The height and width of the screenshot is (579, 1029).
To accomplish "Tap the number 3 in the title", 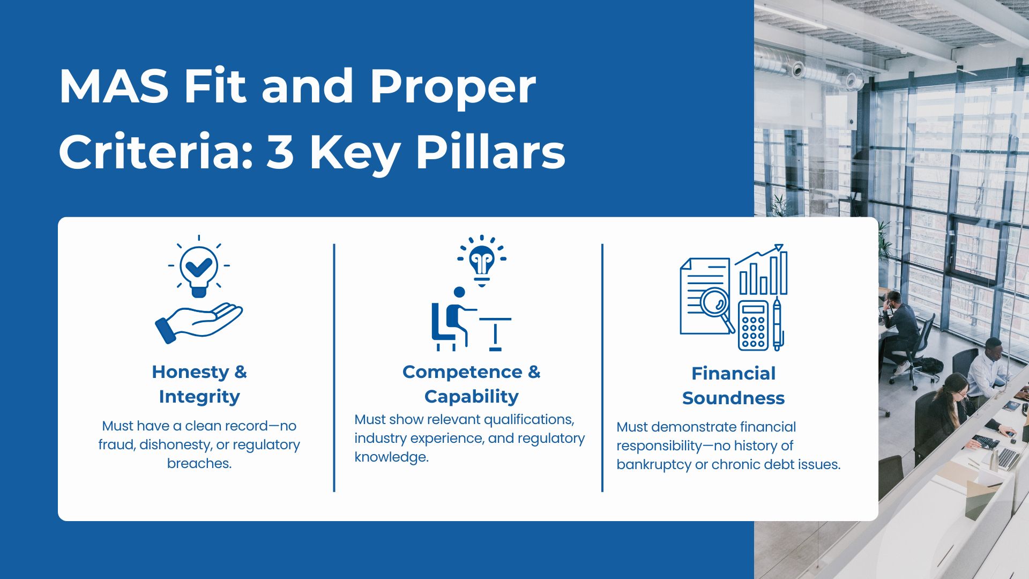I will [x=280, y=152].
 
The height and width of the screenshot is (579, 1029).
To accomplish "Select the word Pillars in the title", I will [x=490, y=152].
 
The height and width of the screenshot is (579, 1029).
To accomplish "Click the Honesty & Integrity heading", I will [x=199, y=384].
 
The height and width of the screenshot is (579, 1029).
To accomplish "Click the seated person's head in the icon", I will [x=459, y=292].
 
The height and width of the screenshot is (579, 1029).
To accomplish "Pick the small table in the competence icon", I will [x=495, y=332].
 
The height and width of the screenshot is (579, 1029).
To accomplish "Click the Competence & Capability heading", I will [x=471, y=384].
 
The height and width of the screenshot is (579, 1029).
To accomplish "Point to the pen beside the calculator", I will [x=778, y=324].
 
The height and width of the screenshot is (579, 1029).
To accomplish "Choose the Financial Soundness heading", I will [x=733, y=385].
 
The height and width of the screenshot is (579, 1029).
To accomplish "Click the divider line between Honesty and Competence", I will [x=334, y=368].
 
